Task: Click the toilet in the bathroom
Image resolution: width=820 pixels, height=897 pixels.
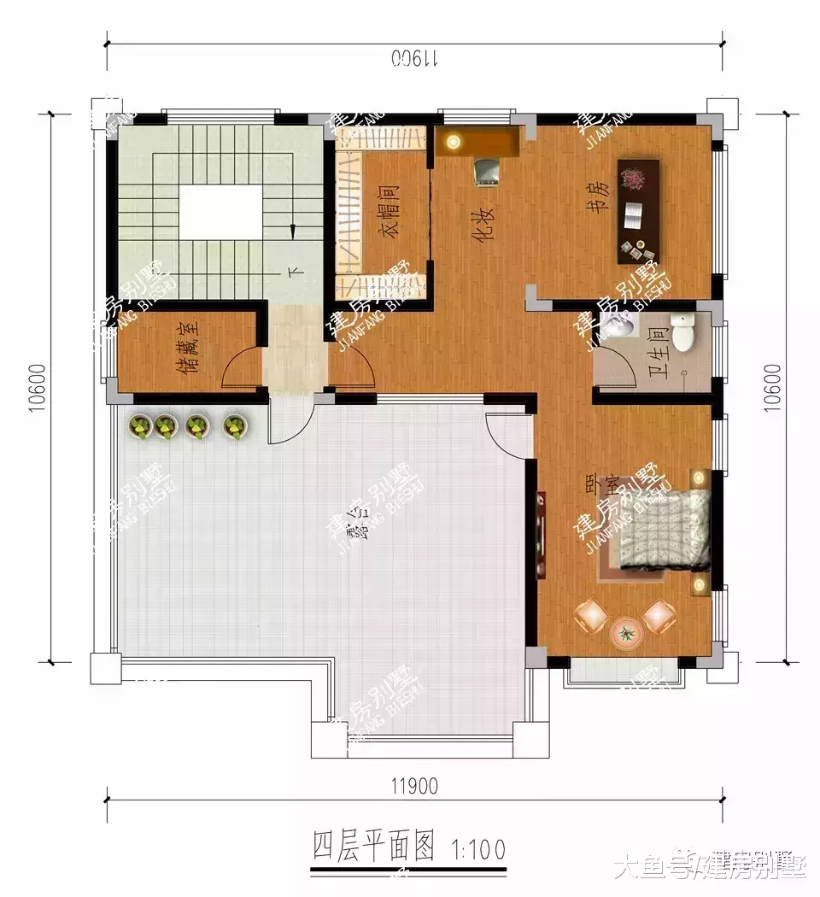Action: [683, 334]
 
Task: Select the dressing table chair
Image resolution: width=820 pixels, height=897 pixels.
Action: [487, 171]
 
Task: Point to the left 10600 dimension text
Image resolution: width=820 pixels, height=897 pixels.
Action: [36, 389]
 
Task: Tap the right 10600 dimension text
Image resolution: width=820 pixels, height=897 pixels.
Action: [772, 389]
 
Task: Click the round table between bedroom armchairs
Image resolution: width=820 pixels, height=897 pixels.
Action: [626, 633]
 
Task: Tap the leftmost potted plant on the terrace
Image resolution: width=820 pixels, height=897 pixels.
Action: [140, 426]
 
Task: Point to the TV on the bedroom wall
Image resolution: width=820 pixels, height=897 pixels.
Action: [541, 535]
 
